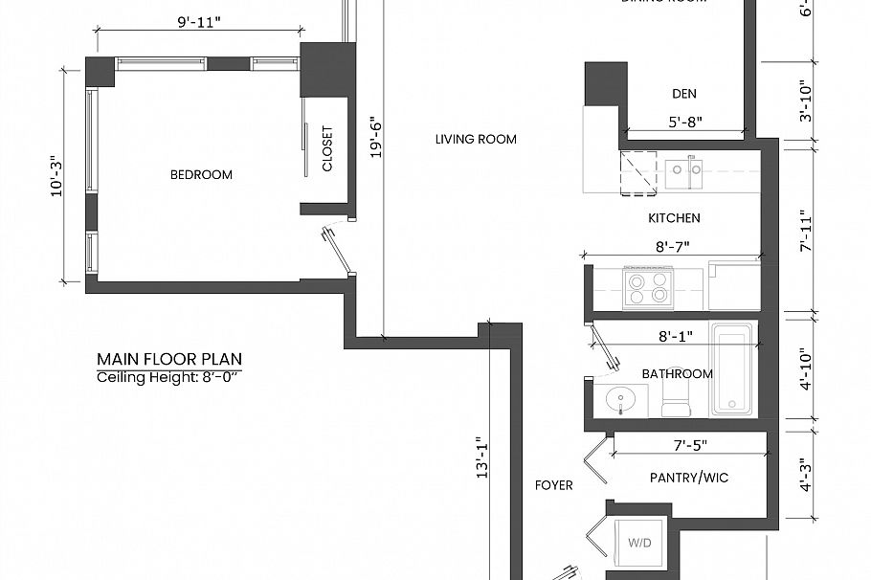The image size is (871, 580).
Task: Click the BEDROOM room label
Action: (x=201, y=174)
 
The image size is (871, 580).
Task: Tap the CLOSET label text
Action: (x=327, y=149)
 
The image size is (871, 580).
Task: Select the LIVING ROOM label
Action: (x=476, y=140)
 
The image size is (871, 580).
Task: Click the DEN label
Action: (x=683, y=94)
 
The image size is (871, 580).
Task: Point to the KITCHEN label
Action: (x=674, y=218)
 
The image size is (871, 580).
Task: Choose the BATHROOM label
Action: (x=677, y=374)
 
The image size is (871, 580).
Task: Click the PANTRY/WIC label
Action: (x=688, y=478)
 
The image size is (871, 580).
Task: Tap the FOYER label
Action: (x=553, y=485)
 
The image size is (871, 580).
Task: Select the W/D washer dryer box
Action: (x=640, y=543)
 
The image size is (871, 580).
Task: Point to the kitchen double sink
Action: (x=684, y=172)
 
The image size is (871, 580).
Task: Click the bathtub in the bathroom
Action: (x=732, y=368)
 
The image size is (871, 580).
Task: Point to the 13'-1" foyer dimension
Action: (x=483, y=457)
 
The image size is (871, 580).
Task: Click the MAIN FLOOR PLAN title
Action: (x=169, y=360)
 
